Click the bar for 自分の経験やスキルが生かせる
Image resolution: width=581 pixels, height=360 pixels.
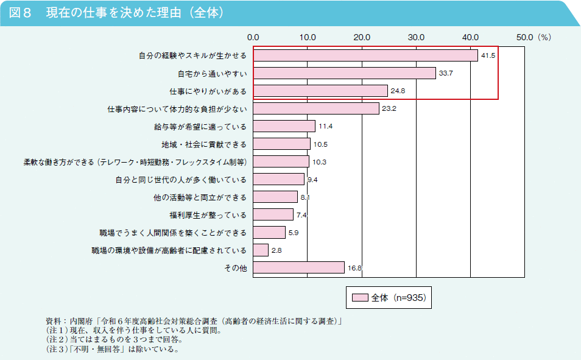(x=365, y=55)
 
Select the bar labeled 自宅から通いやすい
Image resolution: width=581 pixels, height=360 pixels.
(x=345, y=73)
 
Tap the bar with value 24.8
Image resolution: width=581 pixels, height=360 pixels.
(x=320, y=91)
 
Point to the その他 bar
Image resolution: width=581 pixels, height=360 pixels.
(x=299, y=267)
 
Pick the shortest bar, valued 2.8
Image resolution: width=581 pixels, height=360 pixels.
(x=261, y=250)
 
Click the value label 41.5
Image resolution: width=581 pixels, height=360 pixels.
(x=488, y=55)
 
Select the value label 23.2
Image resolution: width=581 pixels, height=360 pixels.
(x=389, y=108)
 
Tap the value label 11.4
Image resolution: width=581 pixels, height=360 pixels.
(x=325, y=126)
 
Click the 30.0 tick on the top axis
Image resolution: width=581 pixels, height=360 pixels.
(x=416, y=37)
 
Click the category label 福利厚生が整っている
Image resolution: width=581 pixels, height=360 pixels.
(x=208, y=215)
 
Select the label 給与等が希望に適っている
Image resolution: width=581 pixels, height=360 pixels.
(x=200, y=127)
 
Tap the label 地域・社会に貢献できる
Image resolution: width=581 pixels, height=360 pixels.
(x=204, y=144)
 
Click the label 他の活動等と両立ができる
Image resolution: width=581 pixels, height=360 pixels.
(x=200, y=197)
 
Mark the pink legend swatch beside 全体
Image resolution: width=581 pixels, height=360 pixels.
(x=360, y=298)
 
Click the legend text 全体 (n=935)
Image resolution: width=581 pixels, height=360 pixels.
(x=398, y=298)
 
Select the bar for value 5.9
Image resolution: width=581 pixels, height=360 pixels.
(x=269, y=232)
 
